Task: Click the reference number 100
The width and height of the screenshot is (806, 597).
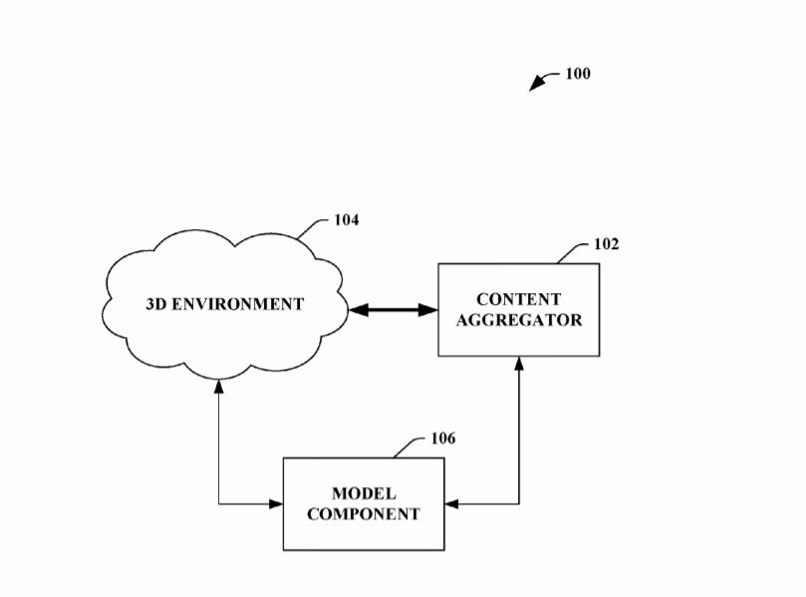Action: [x=577, y=74]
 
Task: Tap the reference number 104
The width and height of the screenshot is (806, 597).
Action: [x=346, y=220]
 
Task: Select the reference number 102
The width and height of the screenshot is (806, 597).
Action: [x=606, y=244]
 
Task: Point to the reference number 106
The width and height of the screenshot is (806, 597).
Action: [x=443, y=439]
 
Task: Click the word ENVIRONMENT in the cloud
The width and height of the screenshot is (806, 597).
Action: [x=238, y=304]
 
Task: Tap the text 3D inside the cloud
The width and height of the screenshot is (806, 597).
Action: [x=156, y=304]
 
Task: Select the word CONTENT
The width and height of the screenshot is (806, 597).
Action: [x=518, y=299]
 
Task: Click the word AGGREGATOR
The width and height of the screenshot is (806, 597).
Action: [x=518, y=320]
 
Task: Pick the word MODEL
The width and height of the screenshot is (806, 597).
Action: [x=364, y=494]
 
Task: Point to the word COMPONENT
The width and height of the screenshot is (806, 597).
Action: [x=364, y=514]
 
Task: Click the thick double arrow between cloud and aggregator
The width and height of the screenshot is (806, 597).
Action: [x=394, y=310]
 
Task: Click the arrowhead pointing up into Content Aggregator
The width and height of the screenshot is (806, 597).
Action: [x=519, y=364]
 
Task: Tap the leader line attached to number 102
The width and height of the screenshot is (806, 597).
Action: [x=573, y=252]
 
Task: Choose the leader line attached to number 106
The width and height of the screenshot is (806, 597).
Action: [x=409, y=447]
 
